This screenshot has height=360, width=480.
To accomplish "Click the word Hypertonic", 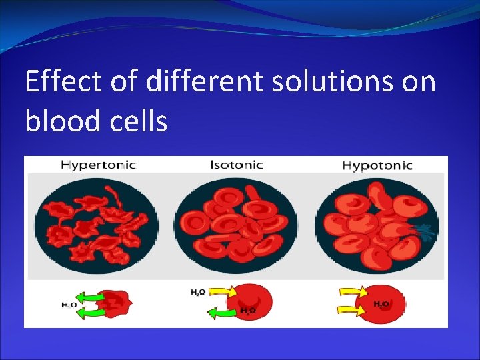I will [98, 165].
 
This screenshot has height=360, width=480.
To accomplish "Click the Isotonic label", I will [236, 165].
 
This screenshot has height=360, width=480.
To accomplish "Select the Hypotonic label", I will [377, 165].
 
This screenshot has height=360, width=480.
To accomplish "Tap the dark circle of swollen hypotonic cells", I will [377, 225].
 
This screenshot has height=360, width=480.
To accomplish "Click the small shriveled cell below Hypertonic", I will [117, 303].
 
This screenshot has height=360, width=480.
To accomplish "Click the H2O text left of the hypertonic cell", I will [68, 305].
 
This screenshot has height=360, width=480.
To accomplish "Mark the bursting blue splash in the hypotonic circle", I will [424, 231].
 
